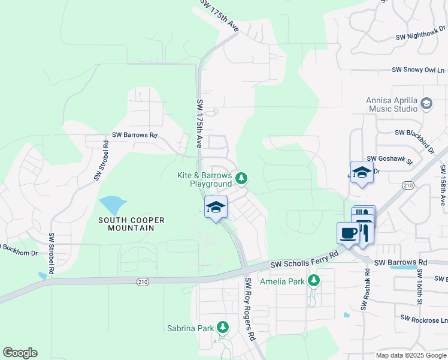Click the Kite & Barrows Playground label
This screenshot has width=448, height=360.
pos(204,179)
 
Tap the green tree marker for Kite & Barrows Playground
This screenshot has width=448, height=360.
pos(241,178)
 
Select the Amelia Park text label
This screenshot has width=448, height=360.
pos(282,281)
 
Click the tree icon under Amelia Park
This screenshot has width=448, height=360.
pos(313,280)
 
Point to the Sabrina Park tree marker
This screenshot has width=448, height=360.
pos(223,327)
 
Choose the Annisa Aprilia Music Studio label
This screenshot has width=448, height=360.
pos(392,104)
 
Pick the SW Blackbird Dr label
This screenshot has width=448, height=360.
pos(414,133)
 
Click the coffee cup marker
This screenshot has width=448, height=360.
pos(348,233)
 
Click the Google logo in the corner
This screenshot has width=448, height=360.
pos(20,353)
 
